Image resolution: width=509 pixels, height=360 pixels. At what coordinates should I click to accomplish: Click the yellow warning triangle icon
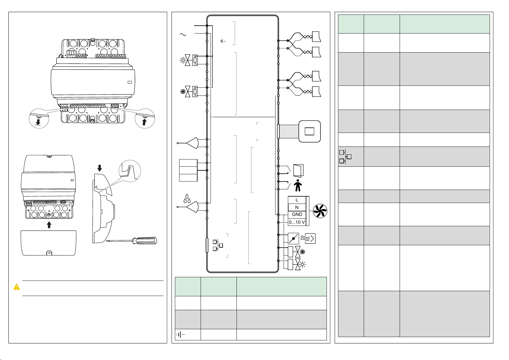(x=17, y=287)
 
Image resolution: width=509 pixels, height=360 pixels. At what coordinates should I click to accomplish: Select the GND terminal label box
(x=297, y=214)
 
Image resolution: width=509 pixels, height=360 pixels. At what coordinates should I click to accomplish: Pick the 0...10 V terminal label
(x=297, y=222)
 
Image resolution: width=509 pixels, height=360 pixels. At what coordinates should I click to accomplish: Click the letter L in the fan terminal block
(x=297, y=200)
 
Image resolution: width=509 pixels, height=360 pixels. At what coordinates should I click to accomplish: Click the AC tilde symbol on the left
(x=183, y=34)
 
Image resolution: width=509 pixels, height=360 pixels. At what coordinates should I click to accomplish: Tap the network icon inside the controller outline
(x=218, y=245)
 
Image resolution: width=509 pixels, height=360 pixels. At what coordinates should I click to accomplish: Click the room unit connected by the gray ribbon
(x=309, y=131)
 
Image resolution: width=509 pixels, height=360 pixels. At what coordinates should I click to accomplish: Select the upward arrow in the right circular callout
(x=144, y=122)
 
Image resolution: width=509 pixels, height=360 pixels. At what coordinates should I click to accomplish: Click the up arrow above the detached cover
(x=49, y=225)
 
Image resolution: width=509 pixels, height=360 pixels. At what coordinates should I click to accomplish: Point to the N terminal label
(x=297, y=207)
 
